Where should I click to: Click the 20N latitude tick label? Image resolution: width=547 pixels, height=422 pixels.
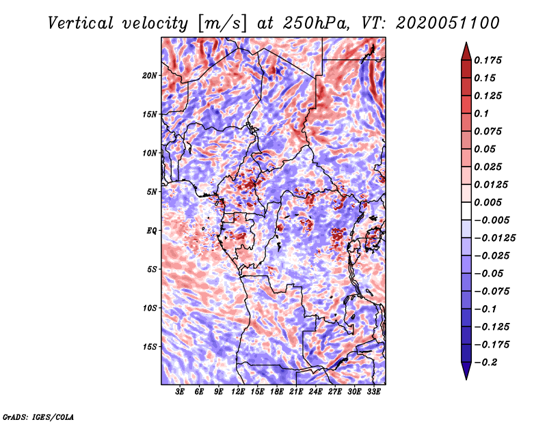150,76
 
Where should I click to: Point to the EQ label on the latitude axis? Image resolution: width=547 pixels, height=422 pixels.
152,231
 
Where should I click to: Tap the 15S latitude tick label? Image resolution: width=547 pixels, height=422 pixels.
150,347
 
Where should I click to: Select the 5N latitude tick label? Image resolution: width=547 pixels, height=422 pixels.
152,192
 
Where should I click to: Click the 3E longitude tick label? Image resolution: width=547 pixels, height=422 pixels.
180,391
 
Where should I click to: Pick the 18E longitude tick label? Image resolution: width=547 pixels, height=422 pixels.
277,391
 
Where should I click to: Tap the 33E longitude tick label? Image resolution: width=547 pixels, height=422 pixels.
373,391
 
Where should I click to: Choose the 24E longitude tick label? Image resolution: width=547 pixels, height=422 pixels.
315,391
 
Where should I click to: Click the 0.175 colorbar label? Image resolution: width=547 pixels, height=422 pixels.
488,60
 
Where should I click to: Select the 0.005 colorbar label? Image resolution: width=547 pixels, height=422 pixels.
488,202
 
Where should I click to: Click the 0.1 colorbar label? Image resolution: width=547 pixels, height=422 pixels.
481,113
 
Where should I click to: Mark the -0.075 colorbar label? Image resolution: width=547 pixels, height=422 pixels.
492,292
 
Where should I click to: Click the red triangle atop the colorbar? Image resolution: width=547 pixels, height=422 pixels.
466,52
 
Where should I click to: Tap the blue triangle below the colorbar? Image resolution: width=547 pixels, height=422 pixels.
466,370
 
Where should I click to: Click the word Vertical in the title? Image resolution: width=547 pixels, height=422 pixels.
81,23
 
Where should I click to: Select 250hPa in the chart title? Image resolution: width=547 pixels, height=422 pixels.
316,23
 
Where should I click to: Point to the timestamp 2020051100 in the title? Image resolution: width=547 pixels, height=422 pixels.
448,23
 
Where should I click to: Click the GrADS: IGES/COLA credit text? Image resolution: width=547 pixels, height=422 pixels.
38,417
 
